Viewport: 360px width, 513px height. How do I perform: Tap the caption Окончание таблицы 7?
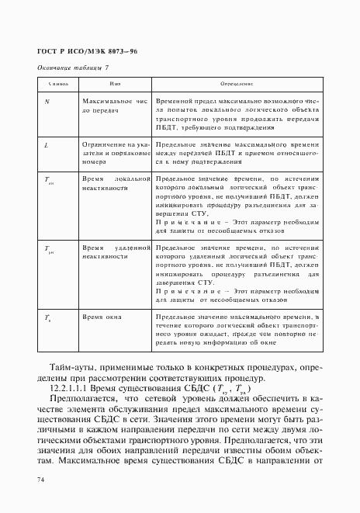point(74,68)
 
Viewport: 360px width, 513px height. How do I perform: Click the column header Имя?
point(115,83)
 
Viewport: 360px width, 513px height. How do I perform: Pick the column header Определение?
point(237,83)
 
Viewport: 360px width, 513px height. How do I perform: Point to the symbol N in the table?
point(47,102)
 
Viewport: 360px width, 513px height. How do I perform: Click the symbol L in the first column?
point(47,145)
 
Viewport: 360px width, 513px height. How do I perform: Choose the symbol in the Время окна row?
point(48,318)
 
